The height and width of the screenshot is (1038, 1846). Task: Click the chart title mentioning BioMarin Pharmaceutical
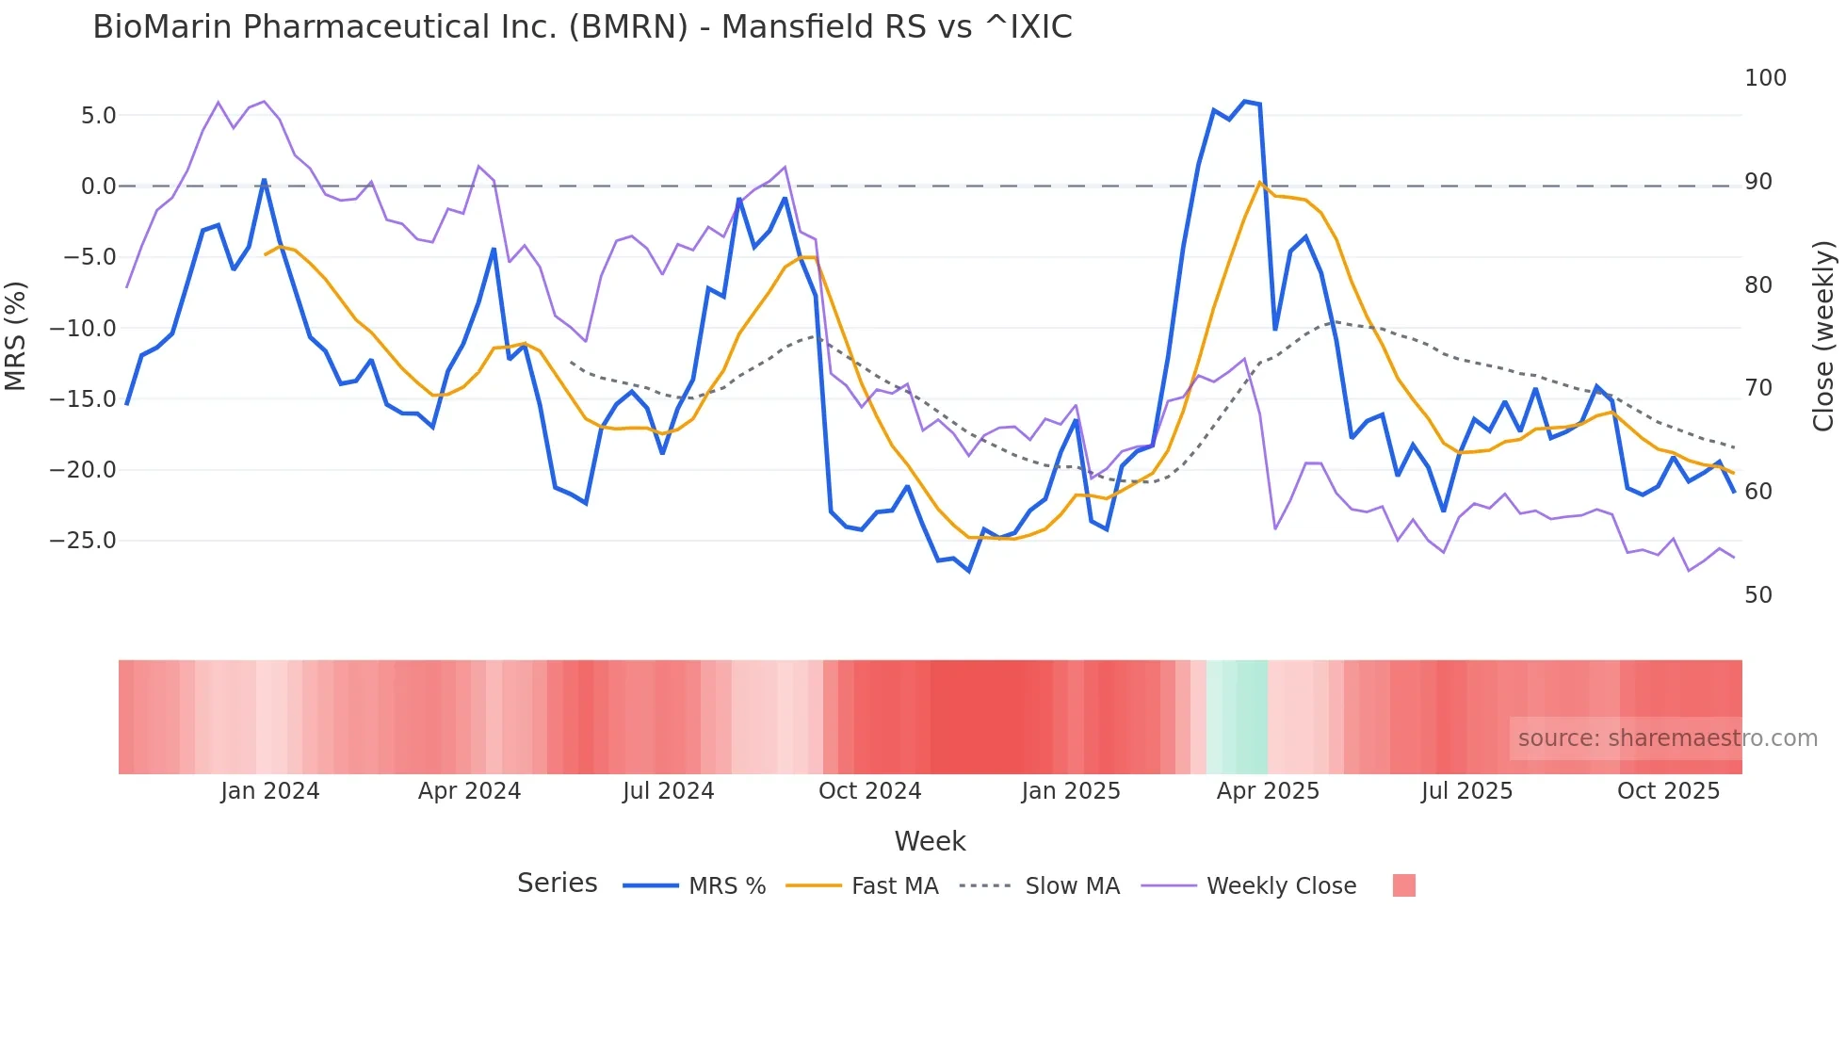click(582, 27)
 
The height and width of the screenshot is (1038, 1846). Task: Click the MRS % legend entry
click(726, 886)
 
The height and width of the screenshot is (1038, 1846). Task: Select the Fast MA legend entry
click(894, 886)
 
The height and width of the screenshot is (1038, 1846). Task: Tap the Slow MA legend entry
click(1072, 886)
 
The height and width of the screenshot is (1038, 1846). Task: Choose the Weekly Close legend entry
click(1281, 886)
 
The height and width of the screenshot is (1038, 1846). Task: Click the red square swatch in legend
click(1403, 885)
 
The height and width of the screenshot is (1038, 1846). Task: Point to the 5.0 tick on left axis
click(98, 116)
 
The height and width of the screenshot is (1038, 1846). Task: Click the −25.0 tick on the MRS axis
click(83, 541)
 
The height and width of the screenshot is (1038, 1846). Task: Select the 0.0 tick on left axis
click(98, 187)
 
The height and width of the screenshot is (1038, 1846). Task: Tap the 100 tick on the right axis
click(1765, 78)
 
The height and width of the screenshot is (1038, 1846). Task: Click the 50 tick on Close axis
click(1758, 595)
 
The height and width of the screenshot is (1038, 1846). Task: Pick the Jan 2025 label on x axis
click(1071, 791)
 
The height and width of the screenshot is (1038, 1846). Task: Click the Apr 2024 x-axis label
click(469, 791)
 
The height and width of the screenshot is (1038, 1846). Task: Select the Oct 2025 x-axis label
click(1668, 791)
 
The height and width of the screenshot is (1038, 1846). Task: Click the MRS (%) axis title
click(16, 335)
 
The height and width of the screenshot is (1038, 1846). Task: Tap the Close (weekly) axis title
click(1823, 335)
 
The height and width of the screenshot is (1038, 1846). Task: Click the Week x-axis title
click(930, 841)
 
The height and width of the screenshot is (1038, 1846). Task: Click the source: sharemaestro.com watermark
click(1667, 738)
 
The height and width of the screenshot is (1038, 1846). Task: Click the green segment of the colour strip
click(1238, 717)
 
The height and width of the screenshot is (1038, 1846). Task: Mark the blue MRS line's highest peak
click(1244, 101)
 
